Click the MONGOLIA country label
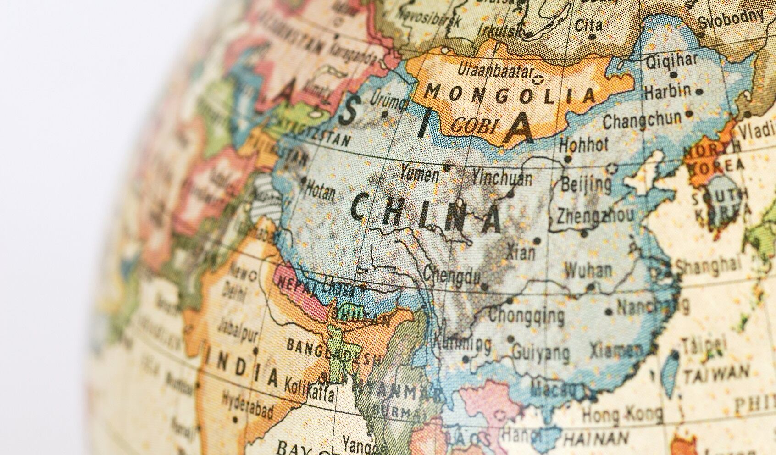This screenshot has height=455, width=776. point(509,95)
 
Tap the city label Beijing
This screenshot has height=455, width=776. point(586,184)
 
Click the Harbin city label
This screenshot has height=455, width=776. point(667,91)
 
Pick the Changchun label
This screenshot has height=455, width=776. point(642,120)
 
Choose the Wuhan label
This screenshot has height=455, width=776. point(588,270)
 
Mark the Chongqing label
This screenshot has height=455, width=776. point(527,315)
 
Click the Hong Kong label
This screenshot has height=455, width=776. point(621,415)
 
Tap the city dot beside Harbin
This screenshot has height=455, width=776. point(699,92)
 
